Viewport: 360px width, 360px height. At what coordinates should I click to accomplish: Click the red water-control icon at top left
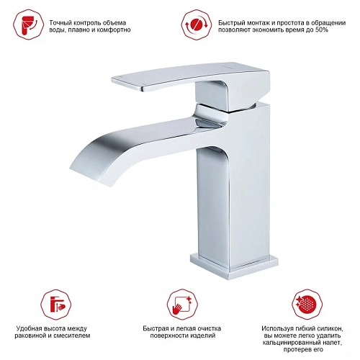point(29,24)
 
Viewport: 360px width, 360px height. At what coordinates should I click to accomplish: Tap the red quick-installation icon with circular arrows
point(197,24)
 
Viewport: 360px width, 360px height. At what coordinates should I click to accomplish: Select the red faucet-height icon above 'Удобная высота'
point(56,305)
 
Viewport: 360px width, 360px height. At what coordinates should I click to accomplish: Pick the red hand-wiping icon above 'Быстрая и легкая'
point(182,305)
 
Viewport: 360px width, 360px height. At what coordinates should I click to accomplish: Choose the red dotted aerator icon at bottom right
point(307,305)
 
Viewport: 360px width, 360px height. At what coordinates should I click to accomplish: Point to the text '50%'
point(321,30)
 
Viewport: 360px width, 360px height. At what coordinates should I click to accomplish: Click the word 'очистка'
point(208,328)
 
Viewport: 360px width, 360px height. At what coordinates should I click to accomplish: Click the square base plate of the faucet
point(234,266)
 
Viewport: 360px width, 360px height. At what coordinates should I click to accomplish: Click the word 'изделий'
point(204,336)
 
